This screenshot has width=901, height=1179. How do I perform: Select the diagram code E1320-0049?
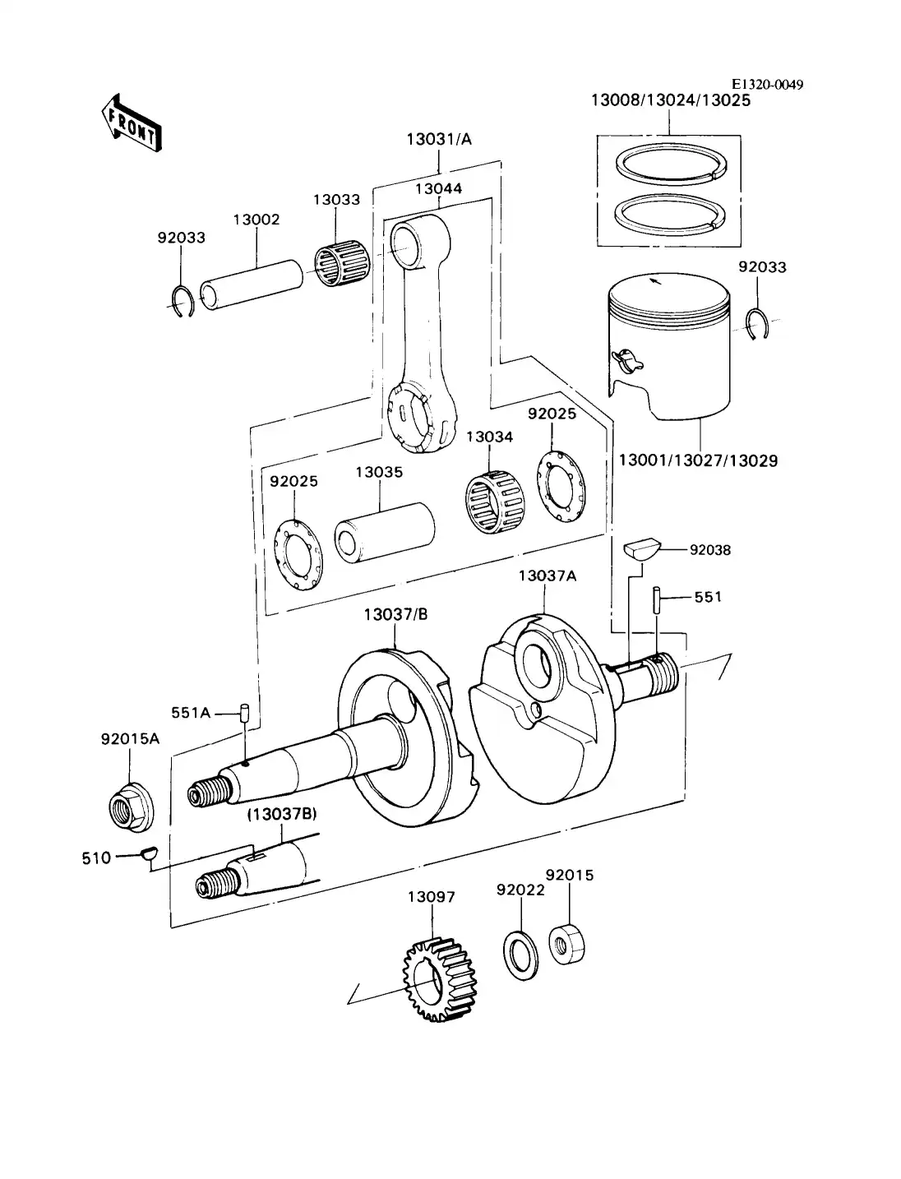coord(768,85)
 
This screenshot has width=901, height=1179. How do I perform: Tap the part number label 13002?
coord(256,220)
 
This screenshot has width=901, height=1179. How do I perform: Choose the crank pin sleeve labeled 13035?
coord(385,533)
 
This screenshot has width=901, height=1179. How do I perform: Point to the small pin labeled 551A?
coord(244,712)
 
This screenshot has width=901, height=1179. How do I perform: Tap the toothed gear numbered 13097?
coord(440,978)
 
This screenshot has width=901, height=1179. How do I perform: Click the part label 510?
coord(96,858)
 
